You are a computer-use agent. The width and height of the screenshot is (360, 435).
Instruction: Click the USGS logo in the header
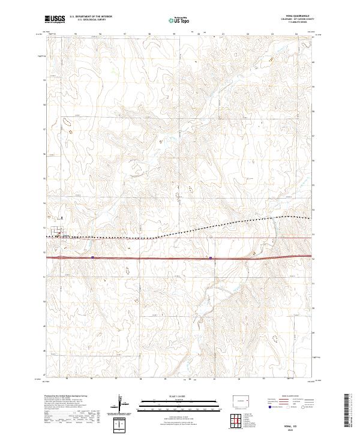(56, 20)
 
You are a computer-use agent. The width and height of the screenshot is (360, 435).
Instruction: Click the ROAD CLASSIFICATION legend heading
(284, 397)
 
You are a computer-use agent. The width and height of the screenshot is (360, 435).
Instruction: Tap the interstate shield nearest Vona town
(93, 257)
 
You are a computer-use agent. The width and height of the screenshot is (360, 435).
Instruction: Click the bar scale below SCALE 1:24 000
(172, 403)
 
